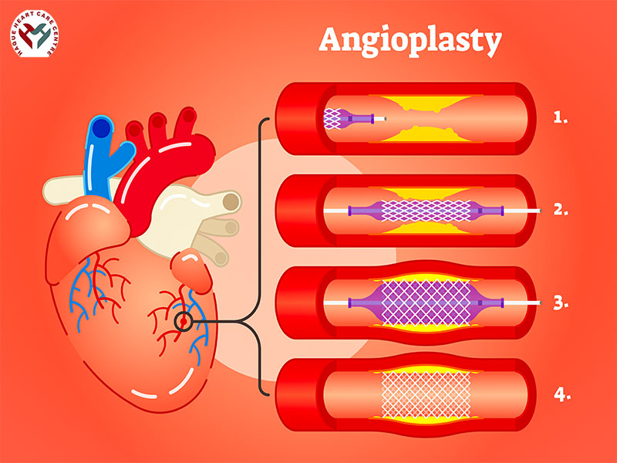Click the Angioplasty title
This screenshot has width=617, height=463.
410,40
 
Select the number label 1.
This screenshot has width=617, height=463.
561,118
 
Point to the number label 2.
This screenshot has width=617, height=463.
561,209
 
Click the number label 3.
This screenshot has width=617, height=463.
561,302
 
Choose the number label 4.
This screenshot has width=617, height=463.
561,394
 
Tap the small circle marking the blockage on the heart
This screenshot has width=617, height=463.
184,321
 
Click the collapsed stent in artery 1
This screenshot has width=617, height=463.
333,118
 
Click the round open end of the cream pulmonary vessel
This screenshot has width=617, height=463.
230,203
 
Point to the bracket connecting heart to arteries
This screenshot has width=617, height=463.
262,255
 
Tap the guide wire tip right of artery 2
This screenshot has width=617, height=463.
539,209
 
